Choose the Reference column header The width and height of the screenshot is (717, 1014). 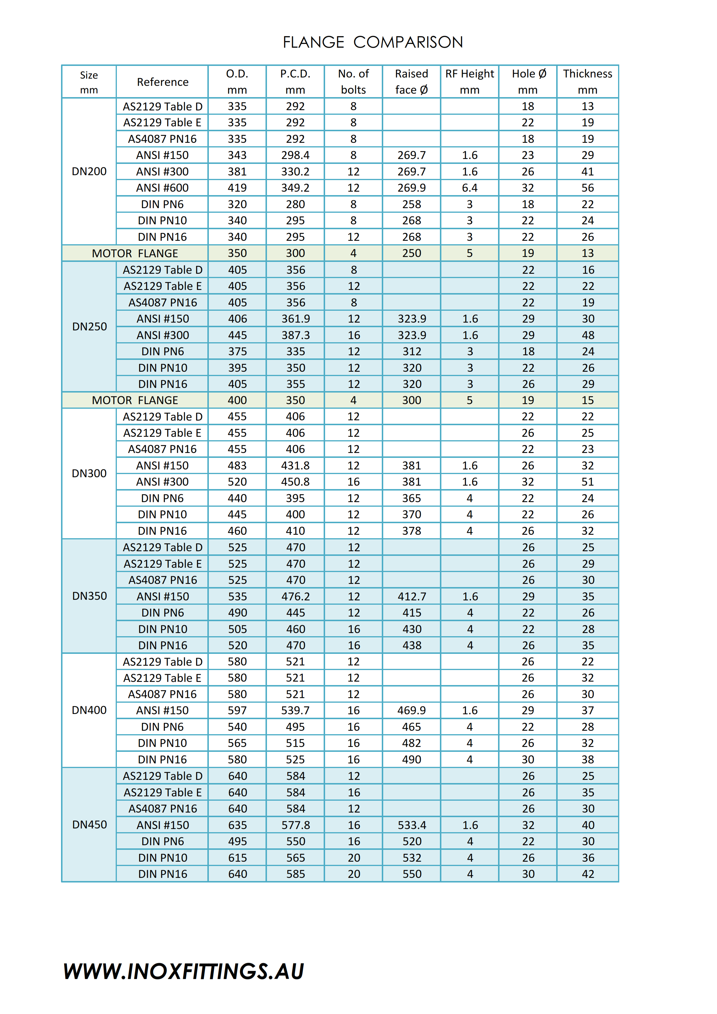coord(163,82)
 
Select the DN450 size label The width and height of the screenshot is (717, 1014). coord(89,825)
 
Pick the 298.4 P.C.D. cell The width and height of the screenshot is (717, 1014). coord(295,155)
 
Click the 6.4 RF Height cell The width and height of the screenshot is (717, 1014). coord(470,188)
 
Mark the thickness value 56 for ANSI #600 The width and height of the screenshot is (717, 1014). coord(587,188)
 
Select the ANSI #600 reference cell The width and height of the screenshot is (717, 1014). coord(162,188)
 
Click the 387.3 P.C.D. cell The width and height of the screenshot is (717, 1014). coord(296,335)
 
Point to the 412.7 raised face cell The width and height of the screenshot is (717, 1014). coord(412,596)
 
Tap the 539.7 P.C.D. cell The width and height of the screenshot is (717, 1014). coord(295,710)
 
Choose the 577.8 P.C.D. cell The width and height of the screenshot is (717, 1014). coord(296,825)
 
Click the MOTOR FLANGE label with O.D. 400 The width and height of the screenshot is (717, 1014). coord(135,400)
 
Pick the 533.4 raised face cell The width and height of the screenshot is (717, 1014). coord(412,825)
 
